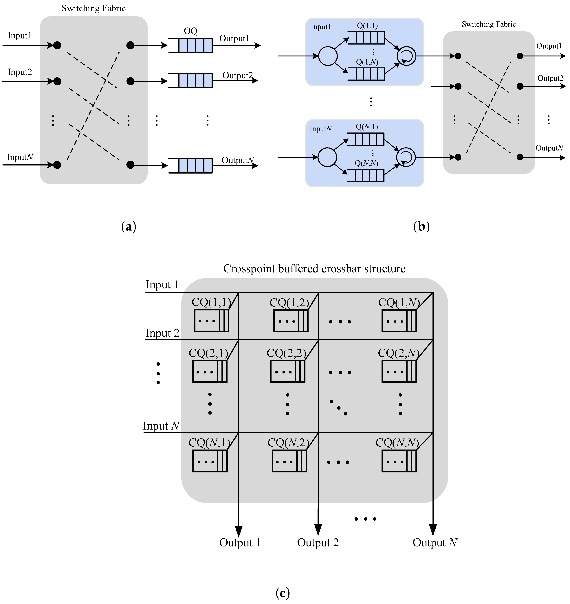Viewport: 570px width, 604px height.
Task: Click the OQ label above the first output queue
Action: [191, 31]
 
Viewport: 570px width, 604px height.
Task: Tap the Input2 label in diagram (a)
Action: [20, 72]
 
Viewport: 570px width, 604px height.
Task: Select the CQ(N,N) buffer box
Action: [399, 461]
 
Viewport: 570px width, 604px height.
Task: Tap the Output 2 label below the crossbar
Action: [318, 542]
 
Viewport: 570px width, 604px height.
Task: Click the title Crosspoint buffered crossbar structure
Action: [314, 269]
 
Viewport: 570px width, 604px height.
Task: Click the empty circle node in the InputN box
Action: [327, 157]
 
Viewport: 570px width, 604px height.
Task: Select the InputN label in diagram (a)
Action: [20, 157]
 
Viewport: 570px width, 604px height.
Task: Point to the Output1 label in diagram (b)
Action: [549, 46]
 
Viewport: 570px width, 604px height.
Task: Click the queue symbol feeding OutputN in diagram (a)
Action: [191, 166]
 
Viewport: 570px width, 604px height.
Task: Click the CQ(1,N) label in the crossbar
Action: [399, 303]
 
